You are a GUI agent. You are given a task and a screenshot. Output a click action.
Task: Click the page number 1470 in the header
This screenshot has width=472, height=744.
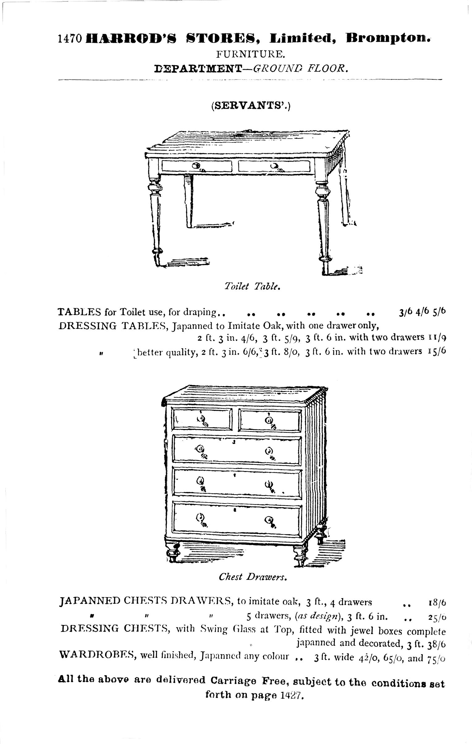70,39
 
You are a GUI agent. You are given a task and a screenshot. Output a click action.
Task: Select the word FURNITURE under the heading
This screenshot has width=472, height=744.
250,55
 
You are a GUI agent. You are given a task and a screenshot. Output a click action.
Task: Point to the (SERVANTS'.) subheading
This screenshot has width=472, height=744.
251,106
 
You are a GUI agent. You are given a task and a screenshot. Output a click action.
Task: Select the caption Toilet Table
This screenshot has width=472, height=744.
252,287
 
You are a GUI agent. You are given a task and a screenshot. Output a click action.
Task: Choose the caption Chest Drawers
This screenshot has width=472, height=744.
253,577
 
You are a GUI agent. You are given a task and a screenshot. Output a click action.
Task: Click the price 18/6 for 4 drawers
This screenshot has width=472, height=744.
437,602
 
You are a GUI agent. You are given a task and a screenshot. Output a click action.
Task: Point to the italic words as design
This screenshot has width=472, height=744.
319,616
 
